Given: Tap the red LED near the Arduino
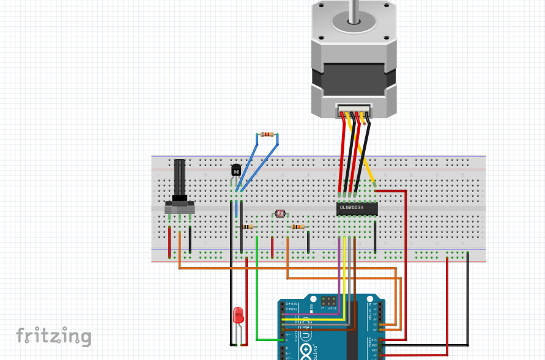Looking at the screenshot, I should [x=239, y=315].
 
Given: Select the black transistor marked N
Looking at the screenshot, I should [x=235, y=171].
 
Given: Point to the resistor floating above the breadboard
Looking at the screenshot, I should [x=267, y=134].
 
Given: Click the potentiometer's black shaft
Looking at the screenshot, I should [x=179, y=177].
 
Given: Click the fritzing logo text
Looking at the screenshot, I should [x=54, y=336].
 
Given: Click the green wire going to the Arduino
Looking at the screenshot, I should [x=257, y=287].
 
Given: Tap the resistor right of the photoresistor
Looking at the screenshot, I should [x=298, y=227].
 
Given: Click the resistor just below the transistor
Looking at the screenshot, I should [x=247, y=227].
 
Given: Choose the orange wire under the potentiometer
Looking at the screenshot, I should [x=179, y=251].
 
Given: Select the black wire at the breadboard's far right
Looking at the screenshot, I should [x=468, y=293].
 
